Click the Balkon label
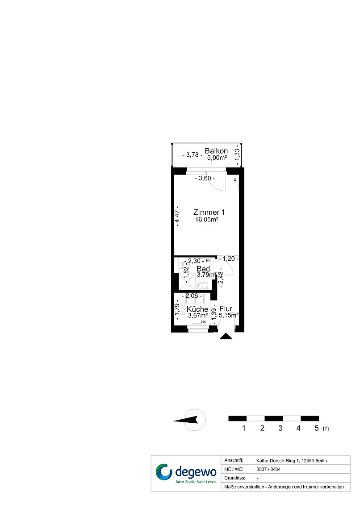(x=216, y=151)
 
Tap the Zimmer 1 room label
(x=209, y=212)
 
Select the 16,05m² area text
(x=206, y=220)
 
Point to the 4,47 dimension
(x=177, y=216)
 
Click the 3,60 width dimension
(x=205, y=178)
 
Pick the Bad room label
(x=203, y=269)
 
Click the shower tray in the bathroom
(x=187, y=282)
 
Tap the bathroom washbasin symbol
(x=203, y=286)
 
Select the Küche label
(x=197, y=309)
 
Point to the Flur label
(x=226, y=309)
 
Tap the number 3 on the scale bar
(x=280, y=428)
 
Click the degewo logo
(x=186, y=473)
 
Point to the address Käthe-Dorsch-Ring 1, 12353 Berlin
(x=292, y=461)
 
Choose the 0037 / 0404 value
(x=268, y=469)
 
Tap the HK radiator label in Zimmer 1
(x=235, y=179)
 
